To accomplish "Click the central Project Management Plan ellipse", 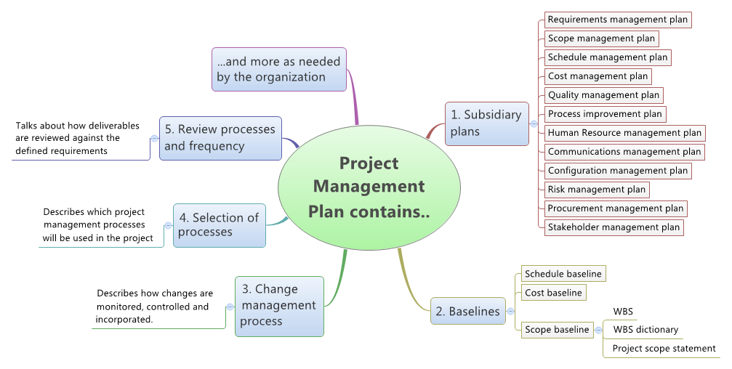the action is (x=369, y=187).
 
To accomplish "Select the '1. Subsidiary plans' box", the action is (x=487, y=123).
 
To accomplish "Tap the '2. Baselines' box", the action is (x=468, y=311).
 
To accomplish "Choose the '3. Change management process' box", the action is (x=279, y=307).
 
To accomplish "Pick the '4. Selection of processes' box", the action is (x=220, y=225).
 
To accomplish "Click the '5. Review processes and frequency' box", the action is (x=220, y=139).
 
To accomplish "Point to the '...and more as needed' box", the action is (x=279, y=69).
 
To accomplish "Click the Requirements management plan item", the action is (x=618, y=20).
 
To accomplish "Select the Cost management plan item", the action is (x=598, y=76).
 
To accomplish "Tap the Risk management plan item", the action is (x=597, y=190).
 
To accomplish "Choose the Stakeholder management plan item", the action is (x=614, y=227).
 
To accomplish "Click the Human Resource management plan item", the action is (x=624, y=133).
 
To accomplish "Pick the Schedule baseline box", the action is (x=563, y=274).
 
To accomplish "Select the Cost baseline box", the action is (x=554, y=293).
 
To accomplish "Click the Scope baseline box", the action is (x=558, y=330).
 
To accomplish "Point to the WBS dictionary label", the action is (x=645, y=330).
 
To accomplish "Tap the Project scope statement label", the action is (x=664, y=349).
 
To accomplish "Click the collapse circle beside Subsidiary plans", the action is (x=534, y=123).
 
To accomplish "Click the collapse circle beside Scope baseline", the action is (x=598, y=330).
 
